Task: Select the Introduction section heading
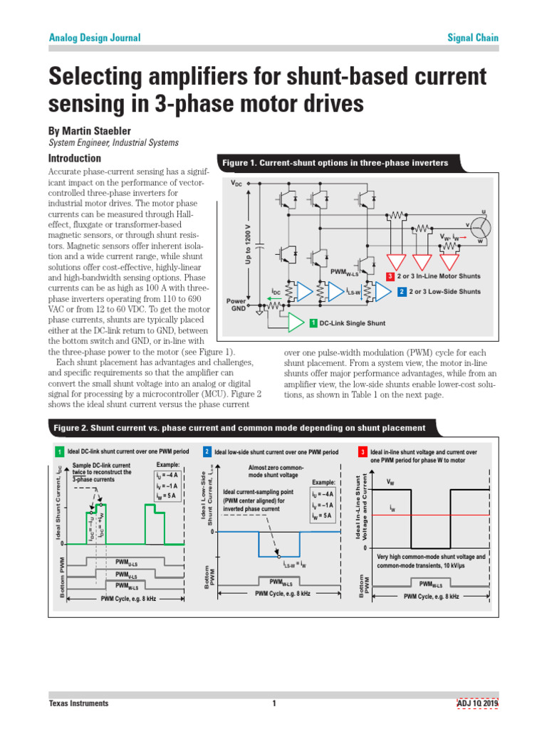(x=74, y=158)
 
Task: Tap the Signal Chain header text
(x=472, y=38)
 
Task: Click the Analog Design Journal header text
(x=94, y=38)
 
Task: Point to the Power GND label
(x=236, y=305)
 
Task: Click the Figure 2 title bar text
(x=239, y=428)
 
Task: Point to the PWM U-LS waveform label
(x=127, y=562)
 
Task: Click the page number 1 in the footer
(x=273, y=703)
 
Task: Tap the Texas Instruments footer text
(x=78, y=703)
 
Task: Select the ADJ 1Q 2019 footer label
(x=478, y=703)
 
